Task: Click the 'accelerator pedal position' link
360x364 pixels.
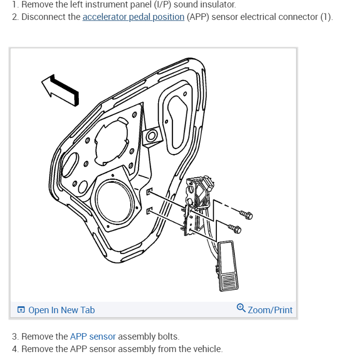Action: (133, 17)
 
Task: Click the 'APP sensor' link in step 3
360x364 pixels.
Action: (92, 337)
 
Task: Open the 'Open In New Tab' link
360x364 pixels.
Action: (61, 310)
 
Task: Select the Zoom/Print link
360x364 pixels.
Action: (270, 310)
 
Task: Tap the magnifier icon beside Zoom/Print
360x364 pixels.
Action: (241, 308)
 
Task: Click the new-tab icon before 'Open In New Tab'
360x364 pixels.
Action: (21, 310)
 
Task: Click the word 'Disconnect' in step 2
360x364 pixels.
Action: (50, 17)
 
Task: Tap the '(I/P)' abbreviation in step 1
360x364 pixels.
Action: (161, 4)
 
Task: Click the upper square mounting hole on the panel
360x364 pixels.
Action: (149, 191)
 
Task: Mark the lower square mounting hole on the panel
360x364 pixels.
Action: (149, 211)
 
